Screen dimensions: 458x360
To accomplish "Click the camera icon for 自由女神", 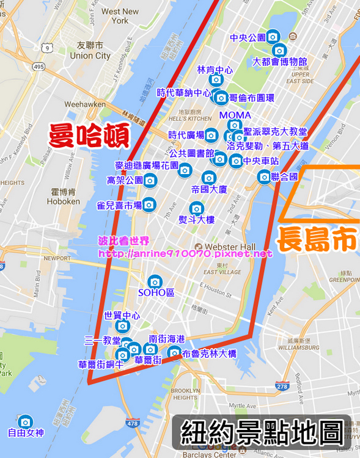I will tap(25, 422).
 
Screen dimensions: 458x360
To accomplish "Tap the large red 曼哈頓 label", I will tap(89, 136).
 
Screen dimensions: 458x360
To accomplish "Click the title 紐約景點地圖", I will tap(262, 432).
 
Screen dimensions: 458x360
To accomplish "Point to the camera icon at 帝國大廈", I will tap(209, 178).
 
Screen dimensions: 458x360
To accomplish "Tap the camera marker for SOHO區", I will tap(155, 282).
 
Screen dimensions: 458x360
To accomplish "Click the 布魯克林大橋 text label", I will tap(209, 354).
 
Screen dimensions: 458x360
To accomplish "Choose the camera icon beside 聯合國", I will tap(263, 177).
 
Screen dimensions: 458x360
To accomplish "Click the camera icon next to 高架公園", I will tap(150, 180).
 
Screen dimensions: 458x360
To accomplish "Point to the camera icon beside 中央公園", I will tap(273, 37).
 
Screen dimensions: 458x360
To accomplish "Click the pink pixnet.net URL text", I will tap(185, 253).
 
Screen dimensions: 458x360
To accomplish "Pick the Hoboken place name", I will tap(63, 201).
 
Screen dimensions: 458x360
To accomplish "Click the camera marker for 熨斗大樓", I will tap(196, 208).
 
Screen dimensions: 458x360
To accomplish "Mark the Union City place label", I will tap(90, 56).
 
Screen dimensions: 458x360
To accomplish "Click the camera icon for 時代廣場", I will tap(211, 135).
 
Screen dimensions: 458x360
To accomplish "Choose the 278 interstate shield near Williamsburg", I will tap(282, 386).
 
